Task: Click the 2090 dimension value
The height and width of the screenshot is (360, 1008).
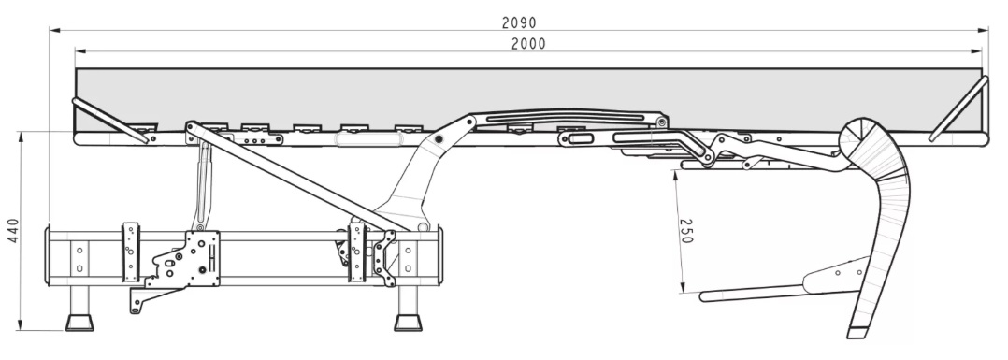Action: coord(519,23)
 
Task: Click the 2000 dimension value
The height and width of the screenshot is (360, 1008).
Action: coord(528,44)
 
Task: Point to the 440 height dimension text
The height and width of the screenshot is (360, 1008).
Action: coord(14,230)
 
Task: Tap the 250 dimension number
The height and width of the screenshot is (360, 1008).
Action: coord(686,231)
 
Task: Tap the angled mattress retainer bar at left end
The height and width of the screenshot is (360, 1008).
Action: coord(110,121)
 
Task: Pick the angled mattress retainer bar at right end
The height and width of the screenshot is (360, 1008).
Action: coord(958,108)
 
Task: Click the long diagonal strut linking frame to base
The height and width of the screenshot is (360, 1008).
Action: coord(299,176)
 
